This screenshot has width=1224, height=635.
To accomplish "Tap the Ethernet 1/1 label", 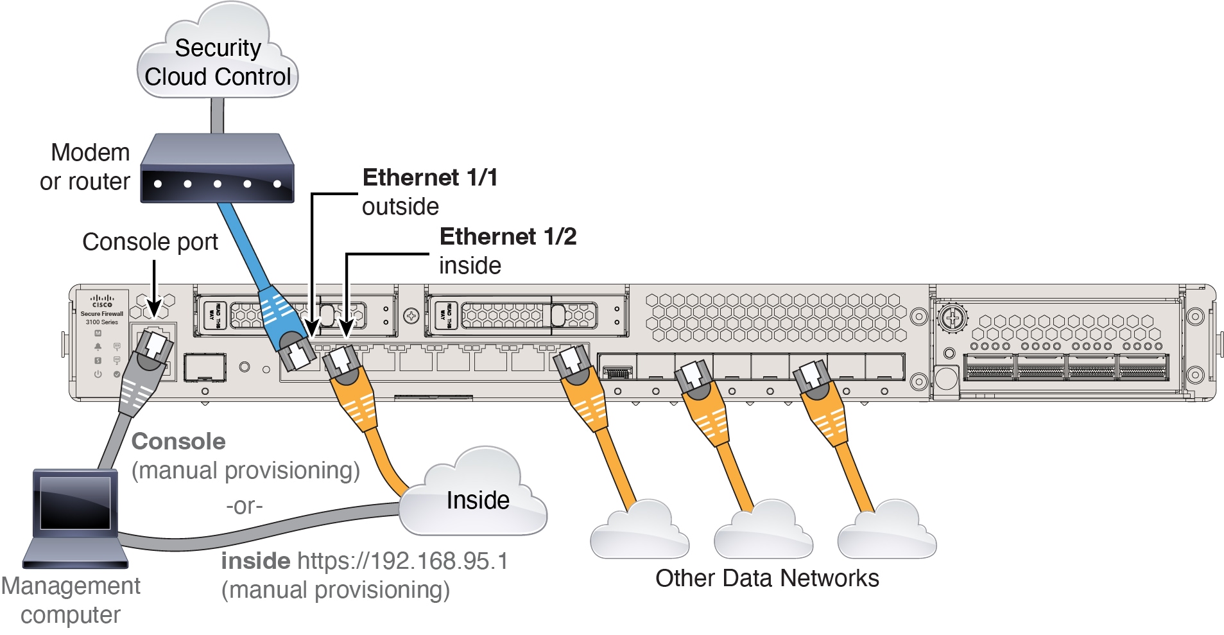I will (430, 178).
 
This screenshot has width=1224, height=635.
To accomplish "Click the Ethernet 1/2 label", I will (508, 237).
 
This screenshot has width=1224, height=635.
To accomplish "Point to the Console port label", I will (150, 242).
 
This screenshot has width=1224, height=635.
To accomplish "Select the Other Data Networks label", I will (767, 578).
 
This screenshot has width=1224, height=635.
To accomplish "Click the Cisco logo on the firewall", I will (102, 301).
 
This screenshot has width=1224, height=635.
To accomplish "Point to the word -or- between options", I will (244, 507).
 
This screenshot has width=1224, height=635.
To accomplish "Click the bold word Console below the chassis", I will (178, 442).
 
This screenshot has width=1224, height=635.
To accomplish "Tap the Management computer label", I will (71, 600).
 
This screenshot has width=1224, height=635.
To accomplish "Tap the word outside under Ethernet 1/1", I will (401, 207).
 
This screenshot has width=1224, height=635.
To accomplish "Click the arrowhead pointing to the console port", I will (154, 307).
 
